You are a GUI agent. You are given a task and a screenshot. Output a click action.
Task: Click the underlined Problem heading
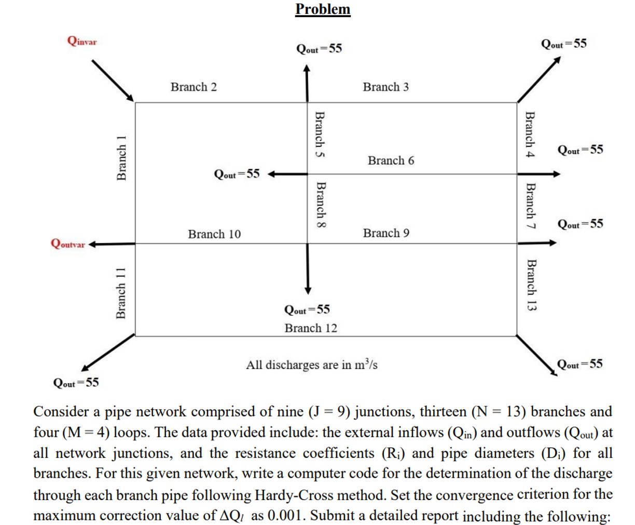tap(323, 9)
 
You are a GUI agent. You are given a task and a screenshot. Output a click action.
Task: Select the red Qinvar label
tap(82, 41)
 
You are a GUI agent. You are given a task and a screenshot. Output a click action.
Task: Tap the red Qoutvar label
tap(67, 244)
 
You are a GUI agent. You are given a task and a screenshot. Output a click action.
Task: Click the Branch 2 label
tap(194, 87)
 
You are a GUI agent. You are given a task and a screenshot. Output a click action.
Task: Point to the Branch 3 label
tap(385, 87)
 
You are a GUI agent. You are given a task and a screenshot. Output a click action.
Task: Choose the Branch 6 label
tap(391, 160)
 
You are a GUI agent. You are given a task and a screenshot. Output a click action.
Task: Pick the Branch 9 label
tap(386, 233)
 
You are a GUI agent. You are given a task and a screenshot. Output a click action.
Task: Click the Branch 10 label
tap(214, 234)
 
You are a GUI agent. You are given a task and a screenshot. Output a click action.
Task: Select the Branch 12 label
tap(310, 328)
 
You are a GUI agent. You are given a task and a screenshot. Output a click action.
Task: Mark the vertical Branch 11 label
tap(121, 293)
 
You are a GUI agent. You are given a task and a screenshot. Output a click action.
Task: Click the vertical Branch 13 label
tap(531, 285)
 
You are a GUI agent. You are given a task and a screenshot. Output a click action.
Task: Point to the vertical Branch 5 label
tap(321, 135)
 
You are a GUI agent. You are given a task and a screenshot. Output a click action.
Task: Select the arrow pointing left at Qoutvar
tap(112, 244)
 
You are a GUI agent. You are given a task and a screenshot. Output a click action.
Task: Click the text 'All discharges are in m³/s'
tap(311, 365)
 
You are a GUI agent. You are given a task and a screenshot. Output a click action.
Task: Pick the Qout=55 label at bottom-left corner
tap(76, 383)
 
